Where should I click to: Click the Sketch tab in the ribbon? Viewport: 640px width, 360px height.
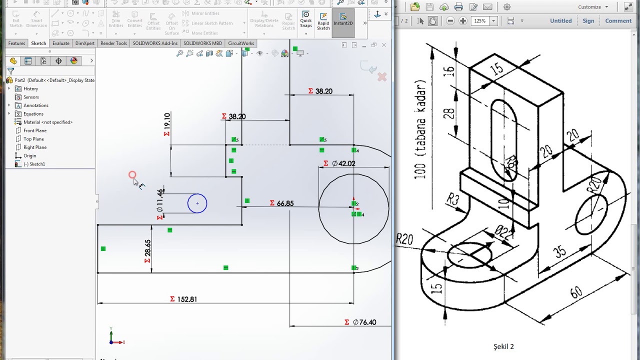38,43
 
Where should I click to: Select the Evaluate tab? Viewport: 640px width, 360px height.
61,43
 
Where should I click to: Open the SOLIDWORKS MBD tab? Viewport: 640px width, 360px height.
202,43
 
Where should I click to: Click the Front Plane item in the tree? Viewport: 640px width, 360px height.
34,130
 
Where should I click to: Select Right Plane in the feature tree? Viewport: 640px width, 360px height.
34,147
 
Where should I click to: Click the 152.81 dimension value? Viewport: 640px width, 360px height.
187,299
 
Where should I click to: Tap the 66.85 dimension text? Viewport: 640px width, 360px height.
285,203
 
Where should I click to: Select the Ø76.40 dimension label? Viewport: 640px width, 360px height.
364,322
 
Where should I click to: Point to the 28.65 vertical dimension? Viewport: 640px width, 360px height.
148,248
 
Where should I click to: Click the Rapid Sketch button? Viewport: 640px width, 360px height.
323,21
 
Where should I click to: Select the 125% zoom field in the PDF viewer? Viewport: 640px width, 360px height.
480,21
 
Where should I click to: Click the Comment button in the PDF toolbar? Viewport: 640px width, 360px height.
618,21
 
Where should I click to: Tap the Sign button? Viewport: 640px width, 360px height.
588,21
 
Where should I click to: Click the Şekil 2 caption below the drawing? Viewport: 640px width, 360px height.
503,346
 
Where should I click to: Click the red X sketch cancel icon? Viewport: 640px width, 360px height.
382,77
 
